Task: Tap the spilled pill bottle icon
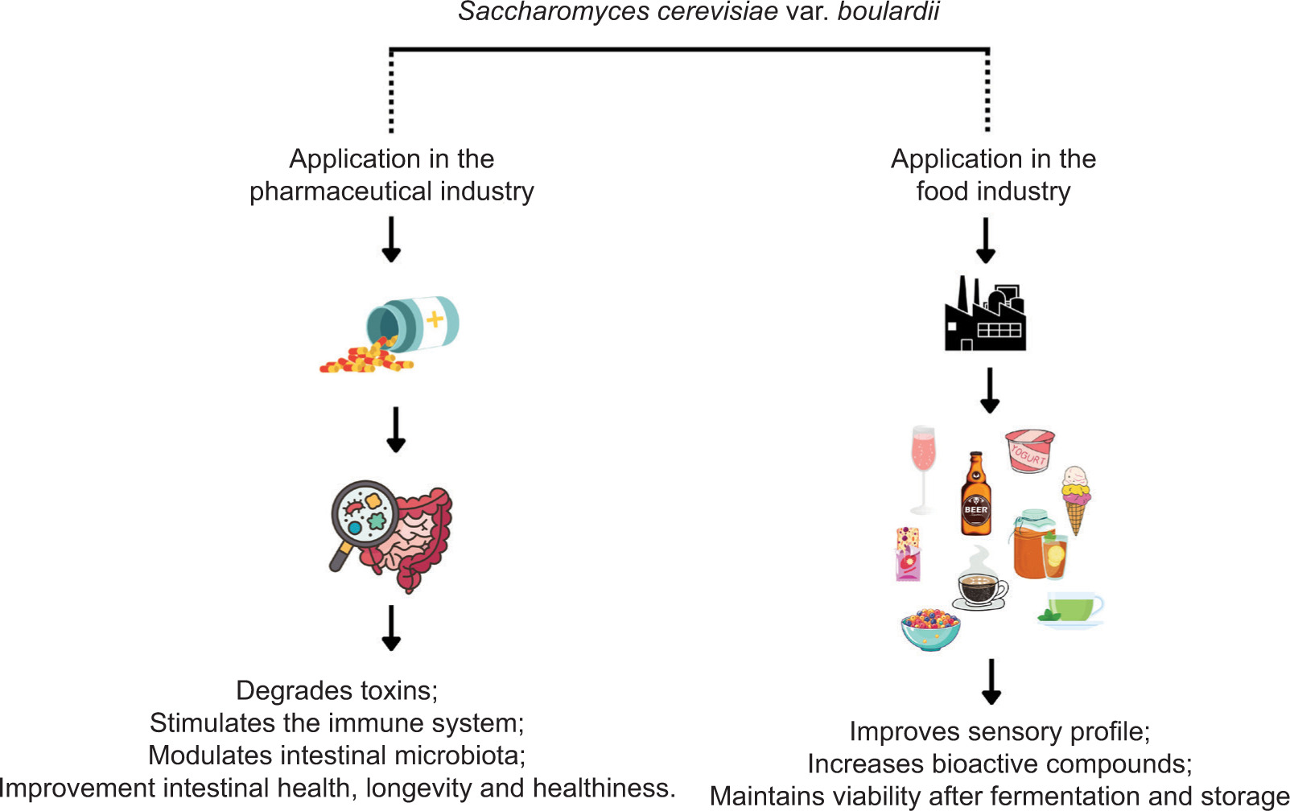394,333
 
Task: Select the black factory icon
985,315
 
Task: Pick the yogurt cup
1029,451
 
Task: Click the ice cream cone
1075,499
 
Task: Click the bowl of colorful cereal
930,628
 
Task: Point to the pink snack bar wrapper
908,554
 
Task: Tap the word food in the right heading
942,191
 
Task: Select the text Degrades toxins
336,690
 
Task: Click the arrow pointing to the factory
986,240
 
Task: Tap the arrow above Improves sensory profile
991,681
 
